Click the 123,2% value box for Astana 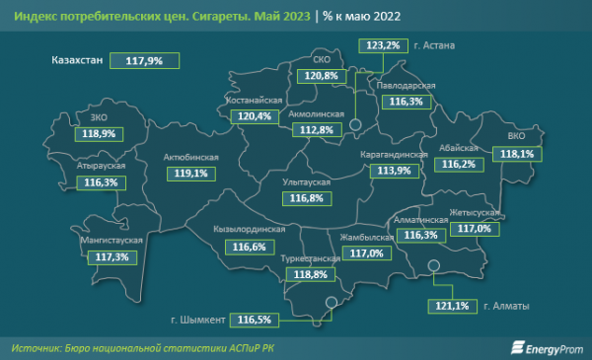click(382, 45)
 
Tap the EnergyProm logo click(543, 347)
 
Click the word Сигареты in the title click(218, 16)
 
